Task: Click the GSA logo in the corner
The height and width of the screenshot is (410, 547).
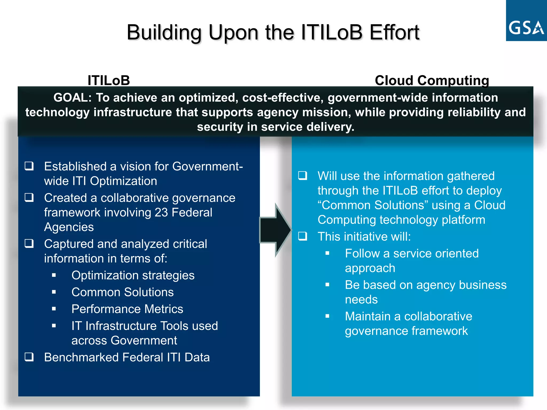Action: point(526,21)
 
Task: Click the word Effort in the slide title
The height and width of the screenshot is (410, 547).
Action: point(394,33)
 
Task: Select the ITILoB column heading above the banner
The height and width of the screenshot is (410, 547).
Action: point(109,80)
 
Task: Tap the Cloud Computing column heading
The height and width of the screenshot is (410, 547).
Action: point(432,80)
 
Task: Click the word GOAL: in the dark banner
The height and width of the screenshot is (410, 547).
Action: point(72,98)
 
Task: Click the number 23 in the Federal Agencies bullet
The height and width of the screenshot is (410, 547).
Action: point(161,213)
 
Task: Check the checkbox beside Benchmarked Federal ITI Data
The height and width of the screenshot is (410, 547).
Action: point(29,357)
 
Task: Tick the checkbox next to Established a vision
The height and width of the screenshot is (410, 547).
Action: point(29,166)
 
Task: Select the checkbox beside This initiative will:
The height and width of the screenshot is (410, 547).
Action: point(303,236)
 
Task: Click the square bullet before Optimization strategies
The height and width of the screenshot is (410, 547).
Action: point(54,275)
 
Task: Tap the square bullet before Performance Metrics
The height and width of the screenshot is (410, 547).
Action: point(54,309)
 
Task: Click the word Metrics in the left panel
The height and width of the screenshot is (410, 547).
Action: point(164,309)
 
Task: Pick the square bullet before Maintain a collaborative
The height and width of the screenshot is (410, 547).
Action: point(327,316)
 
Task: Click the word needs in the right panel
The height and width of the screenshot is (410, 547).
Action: point(361,300)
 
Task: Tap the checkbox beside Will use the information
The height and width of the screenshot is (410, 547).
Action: point(303,176)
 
